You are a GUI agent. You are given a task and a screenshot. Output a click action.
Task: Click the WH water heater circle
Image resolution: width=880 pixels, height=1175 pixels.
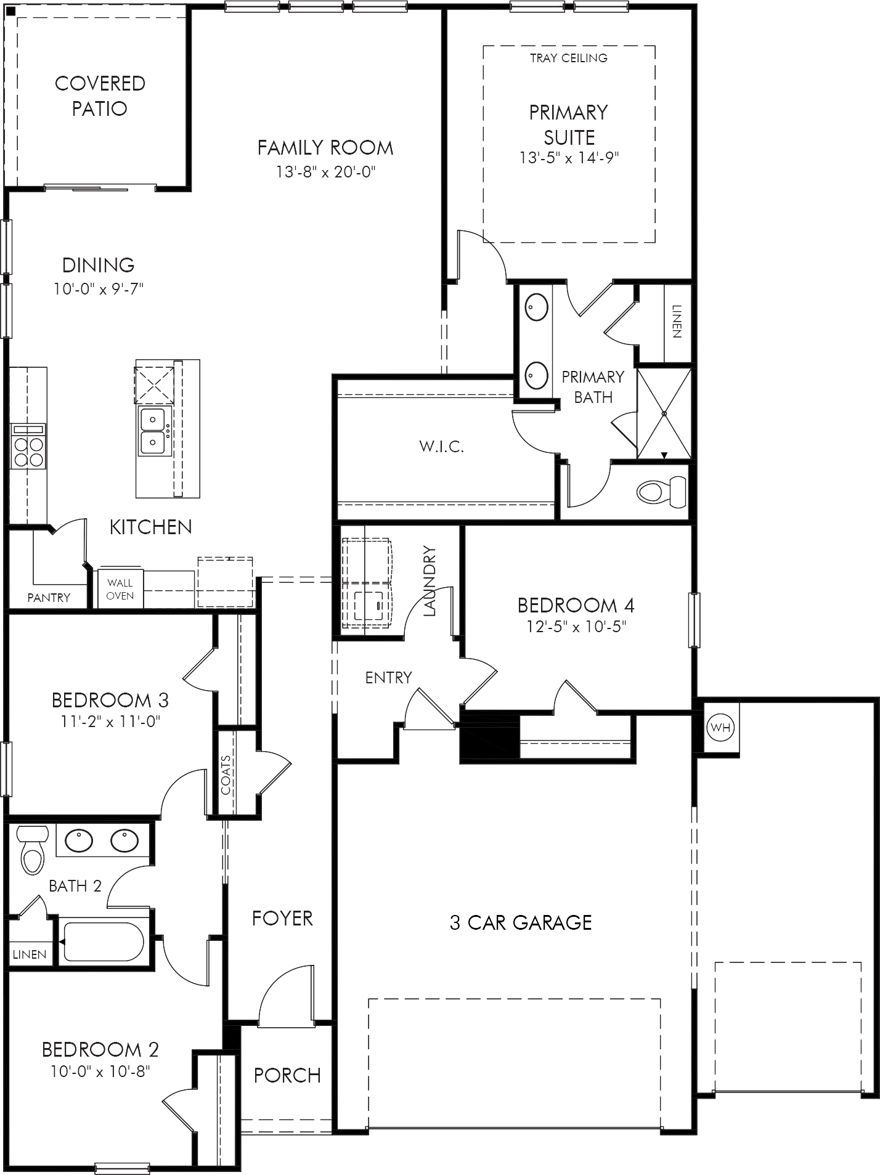tap(720, 727)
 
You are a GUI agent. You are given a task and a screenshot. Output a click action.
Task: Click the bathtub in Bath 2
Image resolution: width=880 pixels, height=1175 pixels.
tap(104, 941)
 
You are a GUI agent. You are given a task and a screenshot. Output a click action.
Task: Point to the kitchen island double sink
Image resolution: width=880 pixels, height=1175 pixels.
tap(152, 431)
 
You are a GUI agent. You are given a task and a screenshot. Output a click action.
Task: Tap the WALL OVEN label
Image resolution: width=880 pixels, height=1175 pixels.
tap(120, 589)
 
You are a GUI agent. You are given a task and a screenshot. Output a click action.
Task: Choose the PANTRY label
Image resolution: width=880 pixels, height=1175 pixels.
tap(49, 597)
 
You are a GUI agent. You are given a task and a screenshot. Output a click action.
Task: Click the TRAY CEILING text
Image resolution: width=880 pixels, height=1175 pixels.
tap(569, 58)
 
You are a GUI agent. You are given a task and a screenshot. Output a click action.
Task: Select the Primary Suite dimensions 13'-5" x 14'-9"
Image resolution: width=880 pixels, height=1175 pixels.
tap(569, 158)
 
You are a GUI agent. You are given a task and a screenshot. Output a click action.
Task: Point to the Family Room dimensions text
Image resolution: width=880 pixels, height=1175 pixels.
tap(325, 171)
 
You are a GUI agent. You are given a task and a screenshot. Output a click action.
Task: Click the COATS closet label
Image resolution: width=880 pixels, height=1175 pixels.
tap(226, 775)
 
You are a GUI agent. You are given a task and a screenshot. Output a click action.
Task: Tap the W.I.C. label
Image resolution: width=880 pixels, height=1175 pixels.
tap(442, 447)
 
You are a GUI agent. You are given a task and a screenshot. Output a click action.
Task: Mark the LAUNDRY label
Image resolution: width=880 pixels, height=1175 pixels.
tap(430, 581)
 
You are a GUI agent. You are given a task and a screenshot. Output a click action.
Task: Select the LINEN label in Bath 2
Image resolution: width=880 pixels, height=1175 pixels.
tap(30, 954)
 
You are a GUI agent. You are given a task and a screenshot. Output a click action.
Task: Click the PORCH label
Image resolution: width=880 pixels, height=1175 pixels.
tap(287, 1075)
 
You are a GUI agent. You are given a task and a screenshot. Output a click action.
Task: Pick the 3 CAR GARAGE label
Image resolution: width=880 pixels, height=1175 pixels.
tap(521, 922)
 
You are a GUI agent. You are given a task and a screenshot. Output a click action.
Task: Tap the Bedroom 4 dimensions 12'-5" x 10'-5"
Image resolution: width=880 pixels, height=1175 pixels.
tap(576, 627)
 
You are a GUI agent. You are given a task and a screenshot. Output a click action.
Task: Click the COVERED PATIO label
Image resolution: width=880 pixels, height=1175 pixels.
tap(100, 96)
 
